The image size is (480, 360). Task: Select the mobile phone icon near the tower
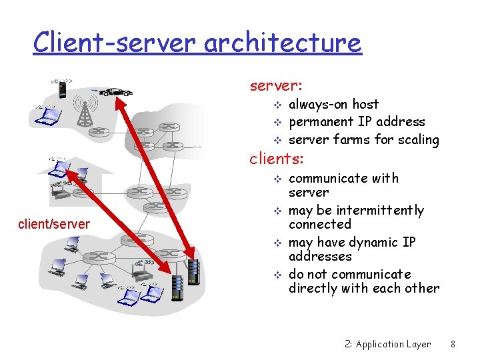(61, 88)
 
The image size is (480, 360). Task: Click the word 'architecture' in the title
(283, 43)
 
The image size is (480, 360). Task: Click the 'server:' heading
(276, 86)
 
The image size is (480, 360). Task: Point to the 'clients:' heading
(277, 159)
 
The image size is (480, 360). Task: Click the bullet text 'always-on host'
(333, 105)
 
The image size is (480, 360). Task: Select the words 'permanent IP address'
(357, 122)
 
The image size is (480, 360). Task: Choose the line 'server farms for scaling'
(363, 140)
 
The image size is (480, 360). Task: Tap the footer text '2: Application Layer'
(388, 345)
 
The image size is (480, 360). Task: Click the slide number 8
(453, 345)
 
